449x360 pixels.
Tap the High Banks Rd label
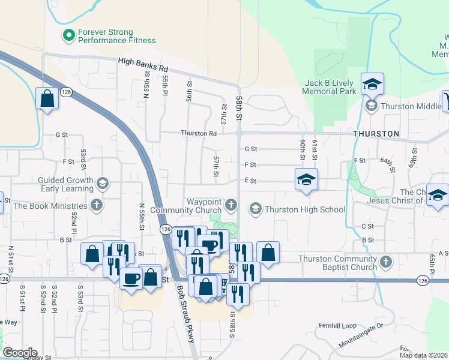pos(143,61)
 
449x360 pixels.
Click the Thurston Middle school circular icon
pos(372,106)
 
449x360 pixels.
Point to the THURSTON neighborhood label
pos(376,133)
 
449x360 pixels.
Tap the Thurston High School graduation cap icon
pos(255,209)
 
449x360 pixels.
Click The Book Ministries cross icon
pos(95,205)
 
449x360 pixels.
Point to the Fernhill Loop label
pos(337,326)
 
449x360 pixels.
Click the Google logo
pos(20,353)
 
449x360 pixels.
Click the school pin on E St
pos(306,179)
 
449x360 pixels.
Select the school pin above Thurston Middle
pos(372,85)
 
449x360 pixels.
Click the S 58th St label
pos(232,324)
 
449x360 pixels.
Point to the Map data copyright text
pos(424,355)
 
